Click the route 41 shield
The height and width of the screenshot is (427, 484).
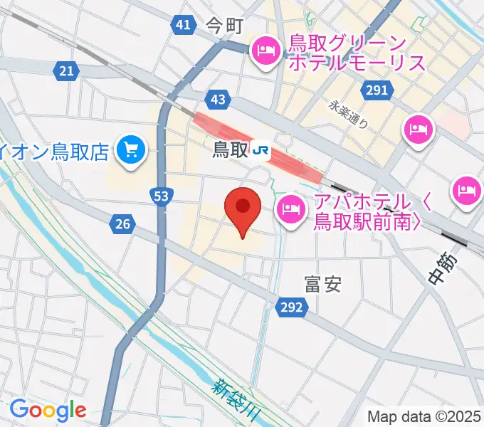click(183, 26)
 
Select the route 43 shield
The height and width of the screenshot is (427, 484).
click(218, 99)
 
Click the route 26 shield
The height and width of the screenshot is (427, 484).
click(123, 225)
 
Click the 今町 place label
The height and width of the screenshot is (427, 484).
click(225, 26)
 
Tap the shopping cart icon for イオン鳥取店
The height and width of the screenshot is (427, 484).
click(132, 149)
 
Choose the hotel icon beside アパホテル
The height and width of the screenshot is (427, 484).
click(290, 209)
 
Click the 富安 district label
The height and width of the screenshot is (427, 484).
click(322, 285)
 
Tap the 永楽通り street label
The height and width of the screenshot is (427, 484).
click(349, 114)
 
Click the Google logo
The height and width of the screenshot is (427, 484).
click(48, 410)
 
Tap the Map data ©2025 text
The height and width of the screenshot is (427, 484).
click(424, 416)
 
